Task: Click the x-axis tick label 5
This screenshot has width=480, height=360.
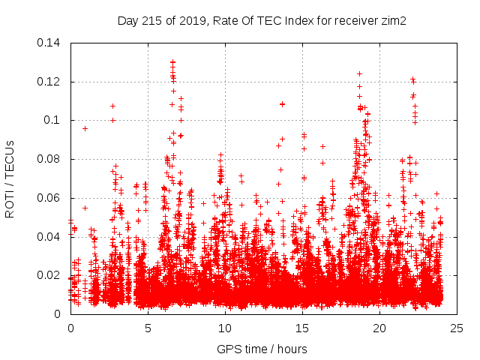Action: [x=148, y=328]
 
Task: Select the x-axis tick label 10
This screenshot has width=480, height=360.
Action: [x=225, y=328]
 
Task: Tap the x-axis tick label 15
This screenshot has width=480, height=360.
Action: [x=302, y=328]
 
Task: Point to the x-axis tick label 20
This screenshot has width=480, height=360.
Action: [x=379, y=328]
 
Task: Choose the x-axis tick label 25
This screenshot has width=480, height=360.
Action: [x=457, y=328]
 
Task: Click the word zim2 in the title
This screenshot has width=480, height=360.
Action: [x=392, y=20]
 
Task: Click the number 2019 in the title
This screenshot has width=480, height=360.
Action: [x=193, y=20]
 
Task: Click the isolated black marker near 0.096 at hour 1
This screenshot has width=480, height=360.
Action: [x=85, y=128]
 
